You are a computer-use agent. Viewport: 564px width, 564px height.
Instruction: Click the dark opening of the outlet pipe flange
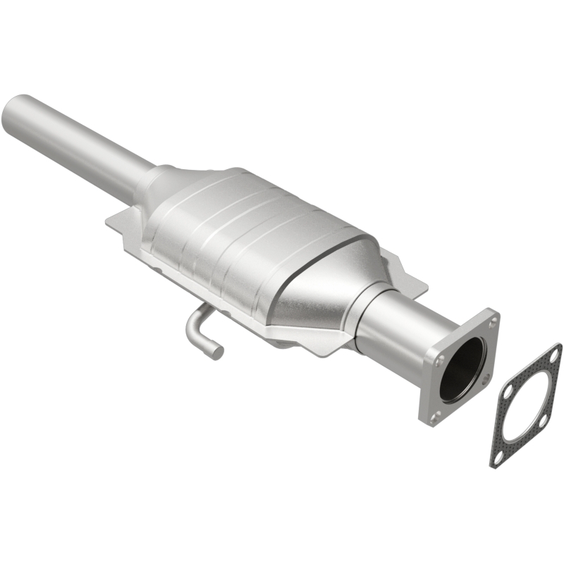462,369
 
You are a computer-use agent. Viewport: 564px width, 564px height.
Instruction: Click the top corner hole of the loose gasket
555,355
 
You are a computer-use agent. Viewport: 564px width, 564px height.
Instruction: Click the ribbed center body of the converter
247,233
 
